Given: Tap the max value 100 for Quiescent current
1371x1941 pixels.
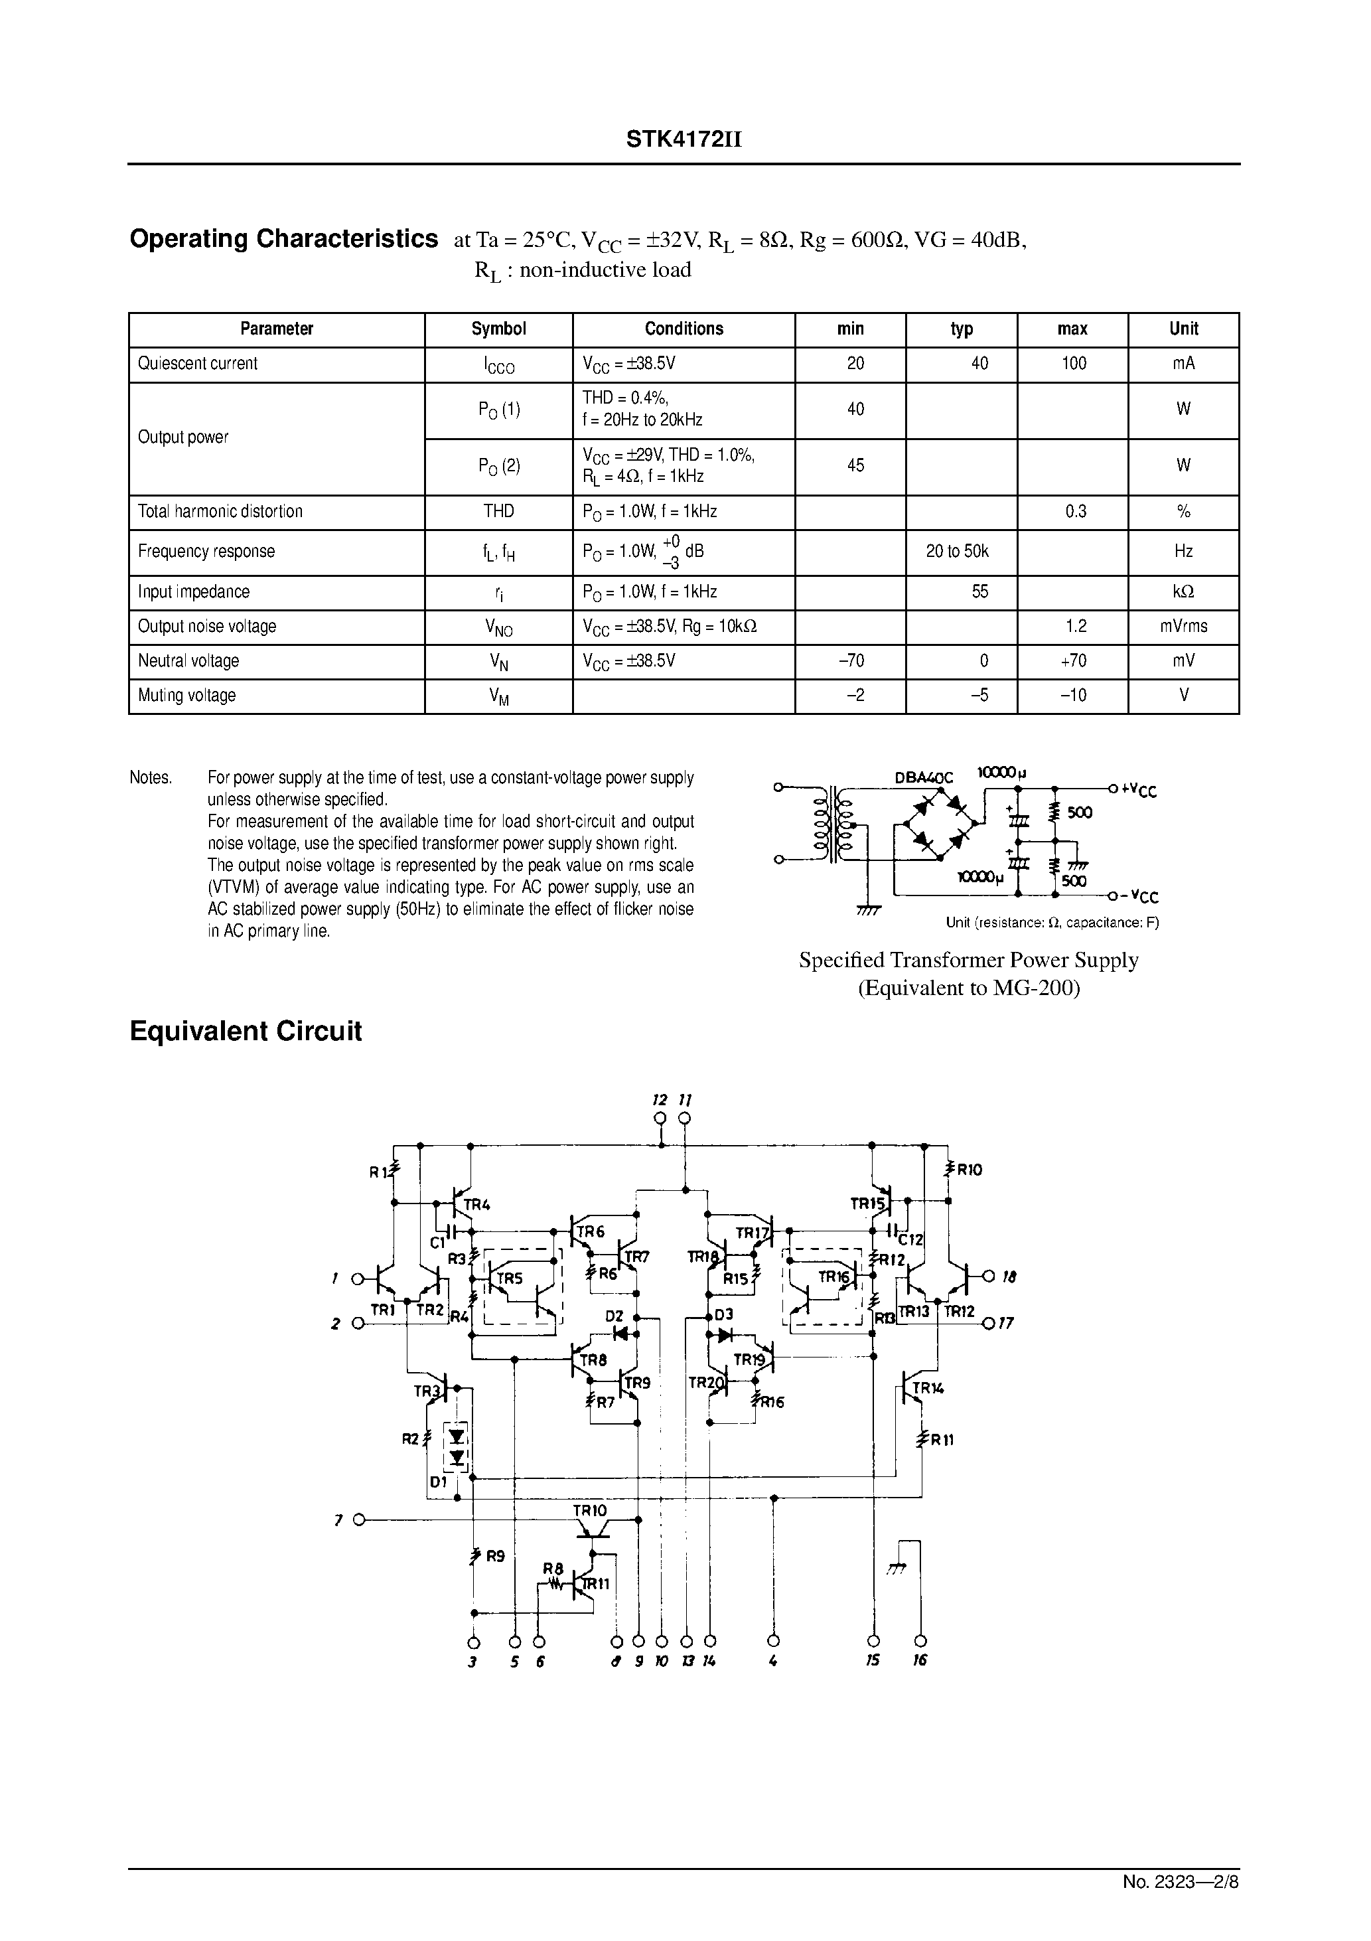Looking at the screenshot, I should pos(1074,364).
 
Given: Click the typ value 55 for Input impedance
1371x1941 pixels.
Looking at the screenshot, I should pos(979,591).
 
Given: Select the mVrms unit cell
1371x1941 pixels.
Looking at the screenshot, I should pos(1183,627).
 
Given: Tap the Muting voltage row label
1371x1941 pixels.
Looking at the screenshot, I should pos(186,696).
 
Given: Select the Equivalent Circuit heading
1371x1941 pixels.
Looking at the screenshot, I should pos(245,1032).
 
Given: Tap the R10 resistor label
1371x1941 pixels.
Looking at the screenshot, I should pos(969,1170).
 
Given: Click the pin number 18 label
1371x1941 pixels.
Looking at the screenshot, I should pos(1009,1277).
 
